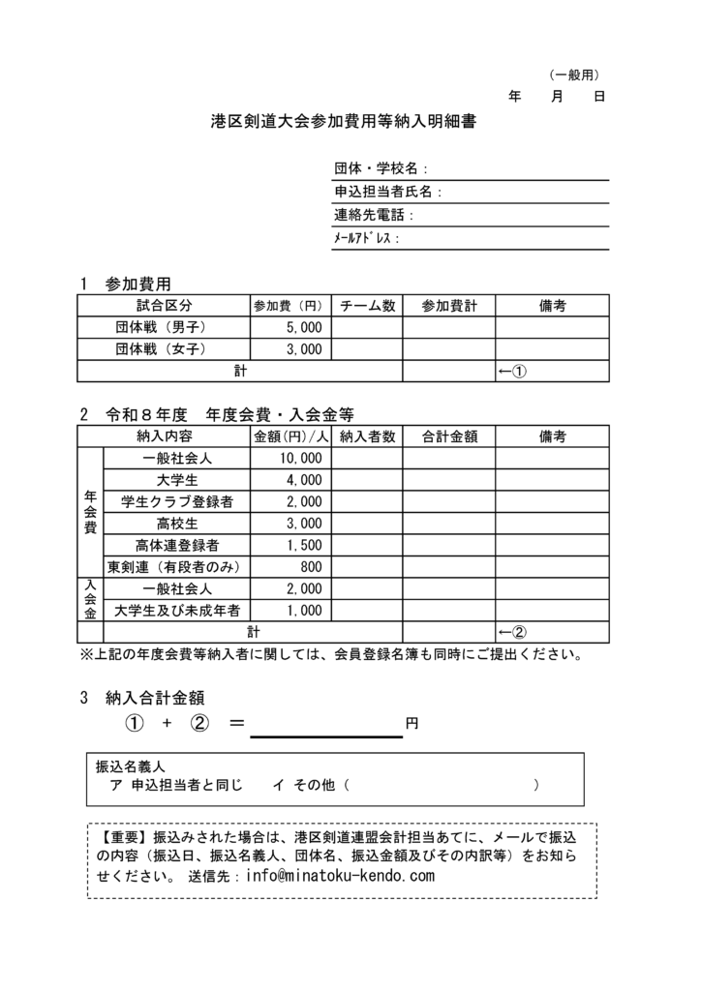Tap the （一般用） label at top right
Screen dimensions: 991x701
(x=575, y=74)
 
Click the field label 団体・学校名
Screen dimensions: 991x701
(x=381, y=168)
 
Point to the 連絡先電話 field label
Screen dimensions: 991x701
(x=373, y=215)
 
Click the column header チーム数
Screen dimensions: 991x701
(x=367, y=306)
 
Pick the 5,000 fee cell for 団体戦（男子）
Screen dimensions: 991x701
(x=304, y=328)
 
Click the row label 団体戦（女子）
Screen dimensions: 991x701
(x=161, y=349)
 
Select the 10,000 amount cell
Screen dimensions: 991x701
(x=300, y=458)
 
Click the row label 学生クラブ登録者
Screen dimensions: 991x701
(x=177, y=501)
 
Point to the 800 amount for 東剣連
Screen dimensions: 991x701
(x=311, y=566)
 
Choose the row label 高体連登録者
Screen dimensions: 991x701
(x=177, y=545)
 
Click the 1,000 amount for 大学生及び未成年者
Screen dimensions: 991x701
(x=304, y=610)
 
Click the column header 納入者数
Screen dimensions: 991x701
(x=367, y=436)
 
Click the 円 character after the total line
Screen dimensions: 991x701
(x=411, y=724)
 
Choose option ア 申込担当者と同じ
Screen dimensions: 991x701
(x=175, y=786)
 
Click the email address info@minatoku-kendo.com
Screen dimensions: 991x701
(x=341, y=876)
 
